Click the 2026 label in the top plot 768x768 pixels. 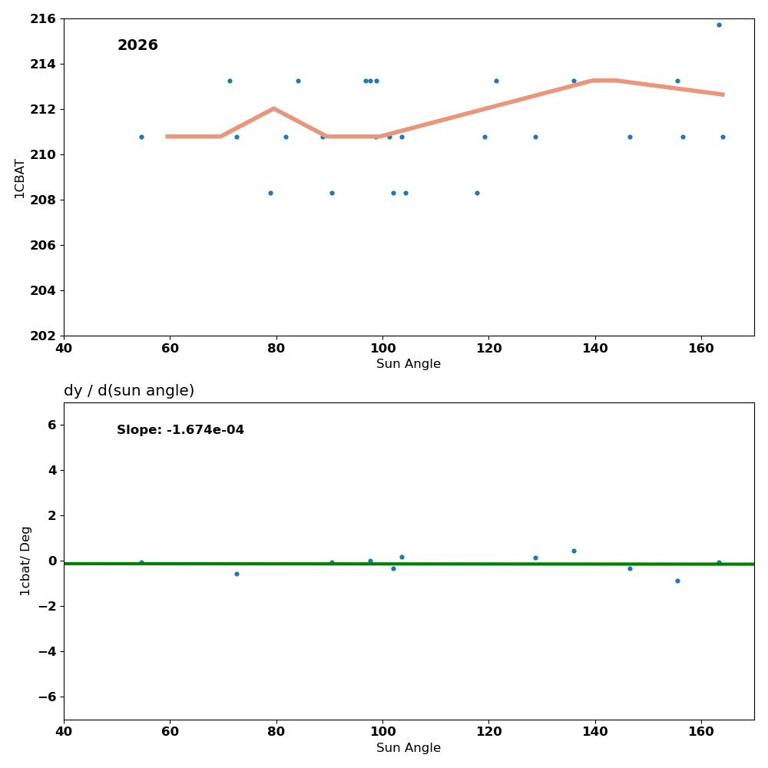coord(137,46)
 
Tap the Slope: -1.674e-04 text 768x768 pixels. coord(180,430)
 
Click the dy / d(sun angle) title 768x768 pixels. coord(129,391)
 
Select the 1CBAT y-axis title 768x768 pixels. coord(20,178)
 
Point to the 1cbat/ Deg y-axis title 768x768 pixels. coord(26,561)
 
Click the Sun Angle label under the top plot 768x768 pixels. coord(409,364)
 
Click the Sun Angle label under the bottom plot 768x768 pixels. coord(409,748)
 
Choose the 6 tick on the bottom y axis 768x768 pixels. coord(51,425)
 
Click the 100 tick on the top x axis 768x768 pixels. coord(382,348)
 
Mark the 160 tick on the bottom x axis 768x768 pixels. coord(701,732)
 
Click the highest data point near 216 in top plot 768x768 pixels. coord(719,25)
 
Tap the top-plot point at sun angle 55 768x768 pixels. coord(141,137)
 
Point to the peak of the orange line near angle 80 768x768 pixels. coord(273,108)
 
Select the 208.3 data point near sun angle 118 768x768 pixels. coord(477,193)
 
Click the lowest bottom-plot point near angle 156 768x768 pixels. coord(677,581)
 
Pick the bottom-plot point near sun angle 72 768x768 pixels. coord(237,574)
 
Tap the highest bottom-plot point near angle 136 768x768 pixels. coord(574,551)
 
